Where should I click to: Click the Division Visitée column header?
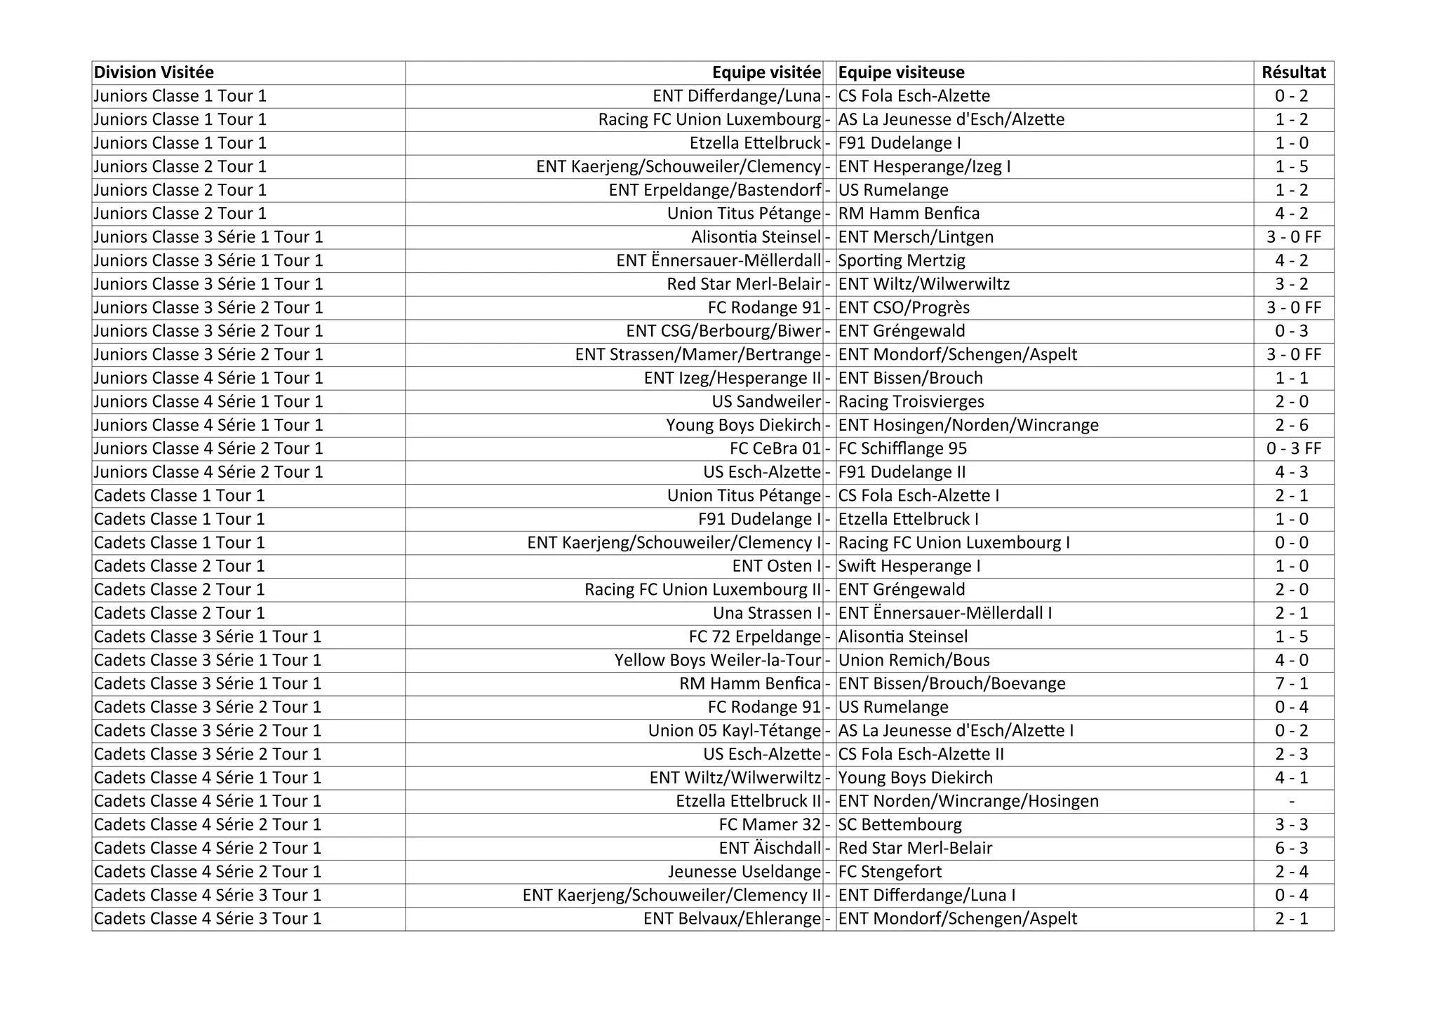coord(154,72)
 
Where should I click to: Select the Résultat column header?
coord(1293,72)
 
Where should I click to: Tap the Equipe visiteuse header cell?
coord(901,72)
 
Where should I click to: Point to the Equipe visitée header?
coord(766,72)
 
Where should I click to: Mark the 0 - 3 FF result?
coord(1293,448)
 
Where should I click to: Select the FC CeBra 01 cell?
coord(775,448)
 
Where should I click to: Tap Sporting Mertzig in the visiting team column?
coord(902,260)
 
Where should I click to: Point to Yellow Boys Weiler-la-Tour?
coord(717,660)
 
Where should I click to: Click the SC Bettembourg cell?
coord(900,824)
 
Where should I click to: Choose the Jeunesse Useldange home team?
coord(744,871)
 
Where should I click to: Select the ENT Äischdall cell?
coord(770,848)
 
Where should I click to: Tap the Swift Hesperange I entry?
coord(909,566)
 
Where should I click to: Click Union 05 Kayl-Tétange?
coord(734,730)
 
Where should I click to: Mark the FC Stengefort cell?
coord(890,871)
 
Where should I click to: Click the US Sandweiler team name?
coord(766,401)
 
